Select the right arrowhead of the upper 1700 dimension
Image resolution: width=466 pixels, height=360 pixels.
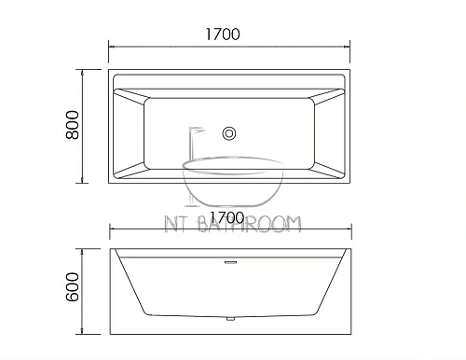click(348, 47)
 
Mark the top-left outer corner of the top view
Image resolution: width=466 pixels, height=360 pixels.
click(110, 68)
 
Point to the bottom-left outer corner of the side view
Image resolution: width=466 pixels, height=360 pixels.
click(110, 335)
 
